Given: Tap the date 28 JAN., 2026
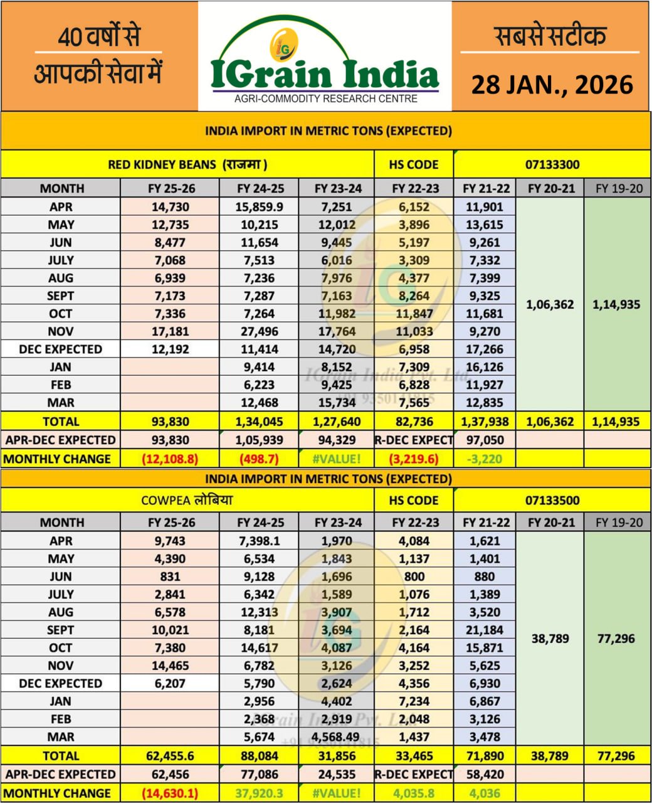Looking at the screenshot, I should pos(552,84).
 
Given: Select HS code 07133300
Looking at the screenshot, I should pos(552,165).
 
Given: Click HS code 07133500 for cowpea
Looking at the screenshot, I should pos(552,501).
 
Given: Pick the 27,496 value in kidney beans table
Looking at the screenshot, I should pos(259,331).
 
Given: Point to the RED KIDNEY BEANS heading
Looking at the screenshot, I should pos(187,165).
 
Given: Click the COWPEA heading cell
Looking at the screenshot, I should pos(187,501).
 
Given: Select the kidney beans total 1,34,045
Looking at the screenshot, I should pos(259,422).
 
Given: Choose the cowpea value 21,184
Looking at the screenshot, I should pos(485,630).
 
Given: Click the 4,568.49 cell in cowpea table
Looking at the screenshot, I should pos(336,737).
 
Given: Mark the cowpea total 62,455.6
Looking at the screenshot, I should pos(170,756).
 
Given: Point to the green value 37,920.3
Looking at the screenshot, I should pos(259,793).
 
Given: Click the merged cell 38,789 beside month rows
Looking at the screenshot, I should pos(550,639).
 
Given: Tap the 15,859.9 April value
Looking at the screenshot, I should pos(259,207).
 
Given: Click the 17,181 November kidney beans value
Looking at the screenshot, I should pos(170,331).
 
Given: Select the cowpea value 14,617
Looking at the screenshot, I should pos(259,648).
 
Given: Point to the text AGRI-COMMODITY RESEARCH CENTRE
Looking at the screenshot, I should pos(325,98).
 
